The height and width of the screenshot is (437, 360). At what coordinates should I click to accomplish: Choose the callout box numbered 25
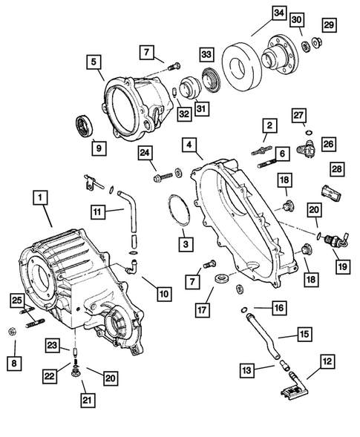click(16, 300)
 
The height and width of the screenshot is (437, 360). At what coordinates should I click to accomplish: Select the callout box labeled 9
click(96, 148)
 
